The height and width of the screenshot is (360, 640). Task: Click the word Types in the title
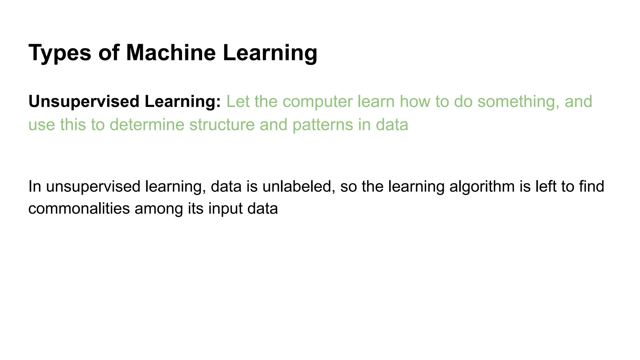[x=60, y=53]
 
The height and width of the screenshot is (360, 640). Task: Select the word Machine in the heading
[x=171, y=52]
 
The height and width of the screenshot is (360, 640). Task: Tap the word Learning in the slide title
[x=270, y=53]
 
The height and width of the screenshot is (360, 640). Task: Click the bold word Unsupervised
[x=84, y=102]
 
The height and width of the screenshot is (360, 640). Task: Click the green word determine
[x=147, y=125]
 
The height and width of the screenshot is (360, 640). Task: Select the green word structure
[x=222, y=125]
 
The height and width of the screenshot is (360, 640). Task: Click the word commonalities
[x=79, y=208]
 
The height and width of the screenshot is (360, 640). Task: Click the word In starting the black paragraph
[x=34, y=187]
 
